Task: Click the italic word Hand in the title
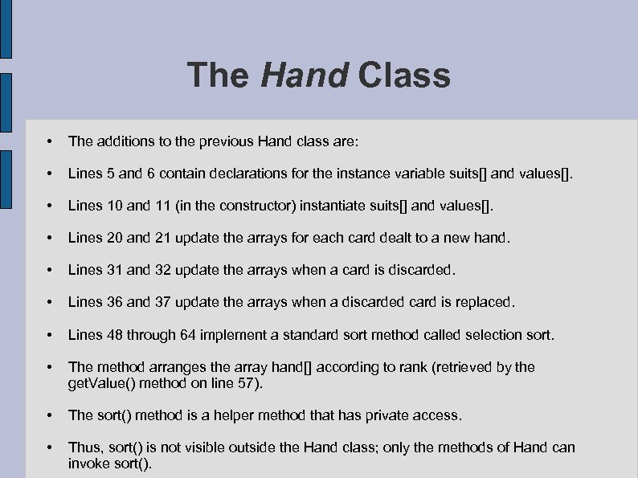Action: tap(304, 76)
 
